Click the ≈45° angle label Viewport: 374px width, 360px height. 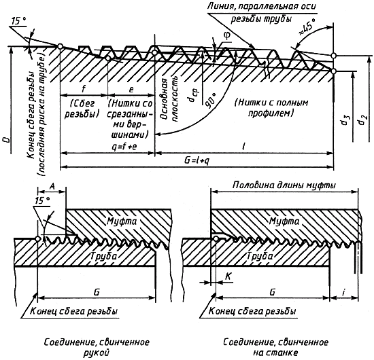click(x=307, y=28)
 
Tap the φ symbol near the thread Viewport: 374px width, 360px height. click(x=226, y=36)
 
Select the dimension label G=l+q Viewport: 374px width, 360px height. click(x=197, y=160)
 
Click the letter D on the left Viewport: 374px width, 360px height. click(x=7, y=141)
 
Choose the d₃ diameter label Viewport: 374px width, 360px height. click(x=344, y=120)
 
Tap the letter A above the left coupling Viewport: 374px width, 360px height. click(x=52, y=186)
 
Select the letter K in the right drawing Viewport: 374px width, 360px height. click(x=228, y=276)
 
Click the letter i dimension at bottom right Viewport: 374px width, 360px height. click(x=343, y=292)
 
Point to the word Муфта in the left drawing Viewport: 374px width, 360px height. click(x=122, y=221)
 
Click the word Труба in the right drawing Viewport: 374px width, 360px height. click(x=260, y=256)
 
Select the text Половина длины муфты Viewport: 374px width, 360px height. click(x=284, y=185)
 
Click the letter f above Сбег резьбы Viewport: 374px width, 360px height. click(x=83, y=89)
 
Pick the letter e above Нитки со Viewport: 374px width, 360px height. click(x=131, y=90)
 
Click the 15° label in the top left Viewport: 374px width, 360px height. click(x=18, y=21)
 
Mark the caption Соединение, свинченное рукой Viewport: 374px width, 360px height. click(x=97, y=347)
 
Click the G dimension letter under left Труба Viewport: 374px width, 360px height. click(x=97, y=292)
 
